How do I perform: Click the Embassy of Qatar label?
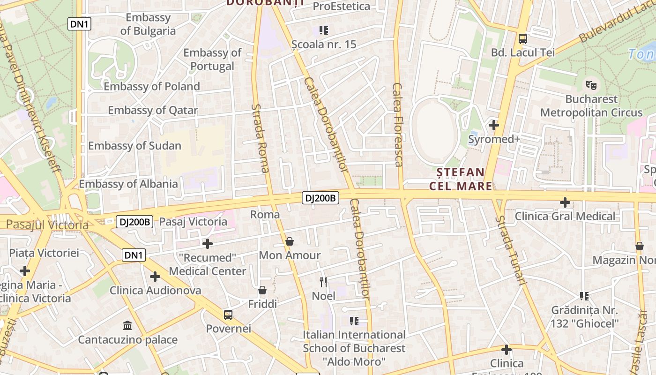(x=153, y=111)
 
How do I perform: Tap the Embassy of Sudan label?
(x=134, y=146)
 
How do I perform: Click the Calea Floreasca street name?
(x=398, y=125)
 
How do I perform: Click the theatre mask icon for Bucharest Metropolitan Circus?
(x=591, y=85)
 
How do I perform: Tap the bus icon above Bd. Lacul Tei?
(x=523, y=39)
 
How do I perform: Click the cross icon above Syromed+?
(x=493, y=125)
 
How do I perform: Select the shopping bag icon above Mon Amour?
(x=290, y=242)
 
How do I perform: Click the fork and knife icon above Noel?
(x=323, y=282)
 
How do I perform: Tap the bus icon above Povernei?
(x=228, y=315)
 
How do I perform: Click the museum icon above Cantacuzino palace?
(x=127, y=325)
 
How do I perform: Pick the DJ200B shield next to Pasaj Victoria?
(x=134, y=222)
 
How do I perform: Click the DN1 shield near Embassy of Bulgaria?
(x=79, y=24)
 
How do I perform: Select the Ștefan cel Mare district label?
(x=461, y=179)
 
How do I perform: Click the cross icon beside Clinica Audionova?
(x=155, y=277)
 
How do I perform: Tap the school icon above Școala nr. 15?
(x=324, y=30)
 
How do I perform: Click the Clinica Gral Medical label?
(x=565, y=216)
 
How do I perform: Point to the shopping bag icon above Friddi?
(x=262, y=291)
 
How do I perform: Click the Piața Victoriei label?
(x=44, y=253)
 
